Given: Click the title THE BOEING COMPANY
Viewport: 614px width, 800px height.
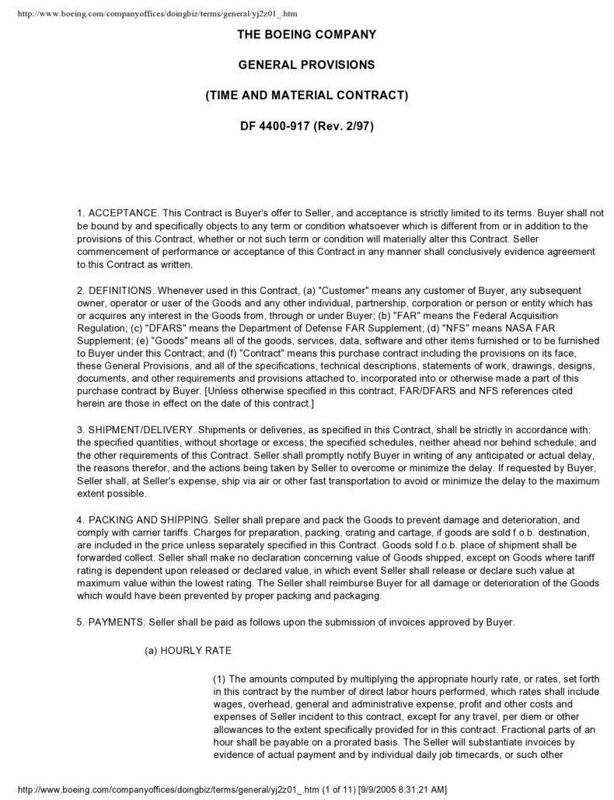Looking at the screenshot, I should (306, 34).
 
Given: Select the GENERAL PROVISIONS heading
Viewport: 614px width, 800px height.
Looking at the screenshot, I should (306, 65).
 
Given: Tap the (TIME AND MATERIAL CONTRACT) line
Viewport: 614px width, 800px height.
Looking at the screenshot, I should (306, 95).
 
